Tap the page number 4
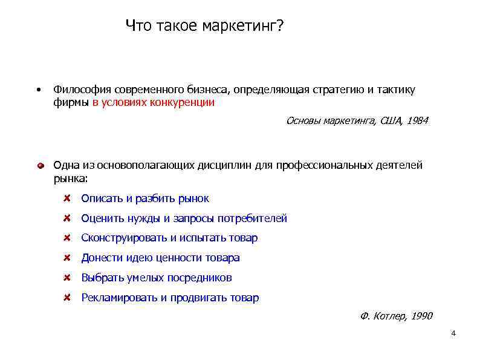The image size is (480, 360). click(453, 334)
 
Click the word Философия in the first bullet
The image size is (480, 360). click(78, 90)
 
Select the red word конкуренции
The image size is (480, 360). click(186, 102)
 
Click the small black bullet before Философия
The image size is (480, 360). click(37, 90)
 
